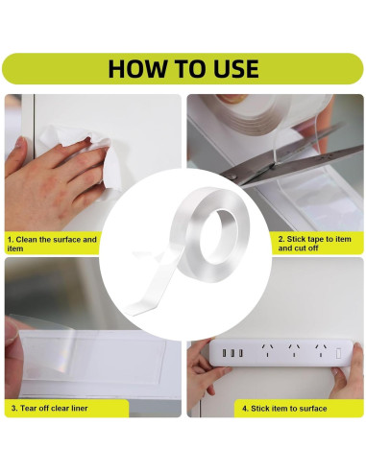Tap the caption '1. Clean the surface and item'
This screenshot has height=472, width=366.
(52, 244)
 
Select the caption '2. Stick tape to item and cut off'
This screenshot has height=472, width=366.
(314, 244)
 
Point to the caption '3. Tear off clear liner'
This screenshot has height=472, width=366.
(50, 408)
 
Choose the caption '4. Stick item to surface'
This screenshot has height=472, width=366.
(284, 409)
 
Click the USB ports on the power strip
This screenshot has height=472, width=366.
(232, 353)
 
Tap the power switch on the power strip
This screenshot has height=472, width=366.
(338, 354)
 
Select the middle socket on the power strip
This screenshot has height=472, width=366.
(294, 350)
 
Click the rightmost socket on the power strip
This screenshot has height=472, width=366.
(321, 350)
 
